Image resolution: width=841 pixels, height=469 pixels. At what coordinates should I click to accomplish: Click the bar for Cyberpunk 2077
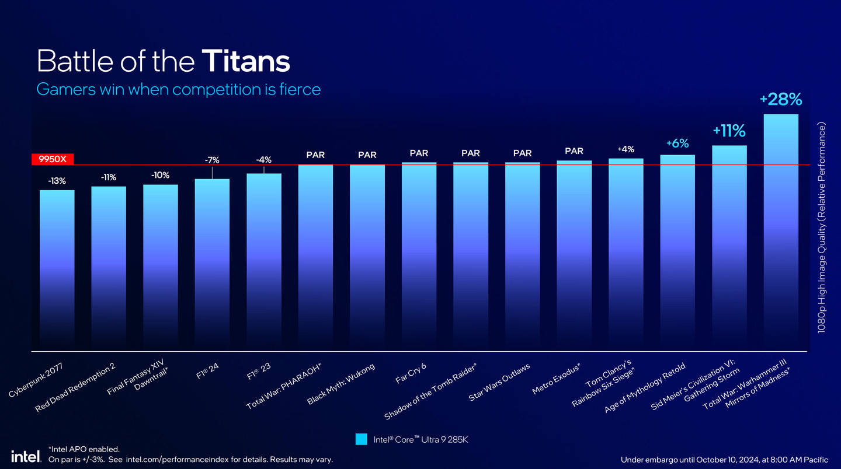point(57,268)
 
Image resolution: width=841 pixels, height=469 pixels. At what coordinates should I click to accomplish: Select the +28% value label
point(781,100)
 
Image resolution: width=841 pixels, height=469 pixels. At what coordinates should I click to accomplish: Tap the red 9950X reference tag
point(53,159)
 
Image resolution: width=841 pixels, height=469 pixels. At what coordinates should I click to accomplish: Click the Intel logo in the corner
point(25,456)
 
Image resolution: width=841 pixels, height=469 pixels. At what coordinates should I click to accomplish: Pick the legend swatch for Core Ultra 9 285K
point(362,439)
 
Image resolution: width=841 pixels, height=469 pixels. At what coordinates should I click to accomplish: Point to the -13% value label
point(57,181)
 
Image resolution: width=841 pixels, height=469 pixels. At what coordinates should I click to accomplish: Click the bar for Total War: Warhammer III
point(781,233)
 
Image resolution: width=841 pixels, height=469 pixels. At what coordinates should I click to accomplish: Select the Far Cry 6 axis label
point(411,374)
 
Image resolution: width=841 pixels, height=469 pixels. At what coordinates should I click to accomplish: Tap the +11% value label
point(729,131)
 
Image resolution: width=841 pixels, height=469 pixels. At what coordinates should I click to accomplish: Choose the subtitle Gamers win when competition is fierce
point(178,89)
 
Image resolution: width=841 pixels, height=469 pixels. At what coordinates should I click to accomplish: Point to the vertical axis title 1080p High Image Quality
point(821,228)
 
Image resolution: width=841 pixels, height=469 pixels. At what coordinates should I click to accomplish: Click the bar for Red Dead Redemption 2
point(109,268)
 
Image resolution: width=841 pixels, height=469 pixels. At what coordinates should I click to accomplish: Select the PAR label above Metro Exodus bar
point(574,151)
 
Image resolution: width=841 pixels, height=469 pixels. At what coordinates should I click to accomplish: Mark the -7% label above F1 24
point(212,160)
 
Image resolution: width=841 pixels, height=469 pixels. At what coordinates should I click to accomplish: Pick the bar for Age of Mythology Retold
point(677,251)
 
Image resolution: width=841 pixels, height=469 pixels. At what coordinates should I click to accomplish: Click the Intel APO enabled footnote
point(85,449)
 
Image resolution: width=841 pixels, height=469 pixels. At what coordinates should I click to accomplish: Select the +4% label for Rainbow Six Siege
point(625,149)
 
